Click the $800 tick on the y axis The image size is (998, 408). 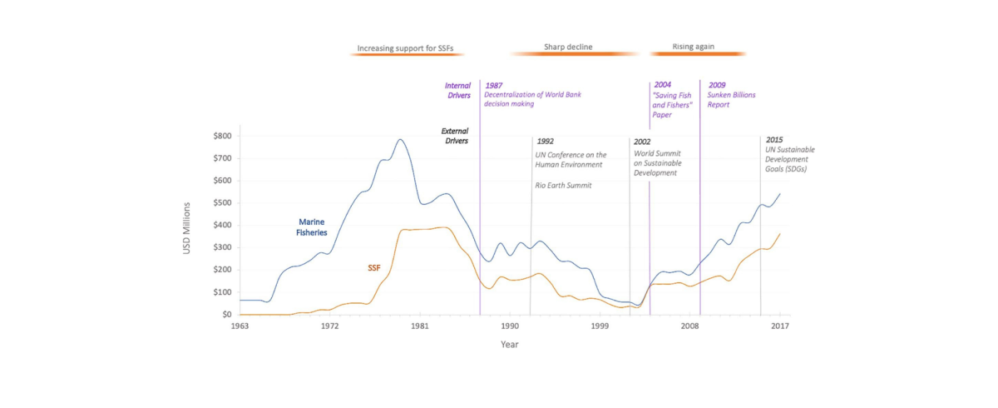point(221,136)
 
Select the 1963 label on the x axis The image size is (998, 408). point(240,326)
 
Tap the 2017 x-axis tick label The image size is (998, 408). point(779,326)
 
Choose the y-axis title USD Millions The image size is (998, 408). point(188,227)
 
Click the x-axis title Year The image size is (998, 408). point(509,344)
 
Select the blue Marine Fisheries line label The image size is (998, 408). point(312,227)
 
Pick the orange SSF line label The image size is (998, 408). point(373,268)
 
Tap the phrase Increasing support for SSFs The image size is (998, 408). point(406,48)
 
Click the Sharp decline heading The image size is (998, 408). point(568,47)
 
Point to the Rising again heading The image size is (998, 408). point(693,47)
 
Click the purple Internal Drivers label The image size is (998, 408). point(457,90)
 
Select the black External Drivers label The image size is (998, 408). point(454,136)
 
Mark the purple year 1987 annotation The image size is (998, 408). point(494,85)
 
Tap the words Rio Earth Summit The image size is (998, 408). point(564,185)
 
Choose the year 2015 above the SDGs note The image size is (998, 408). point(773,140)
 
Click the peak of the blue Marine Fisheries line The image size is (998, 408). point(400,139)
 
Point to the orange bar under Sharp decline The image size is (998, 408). point(573,54)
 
